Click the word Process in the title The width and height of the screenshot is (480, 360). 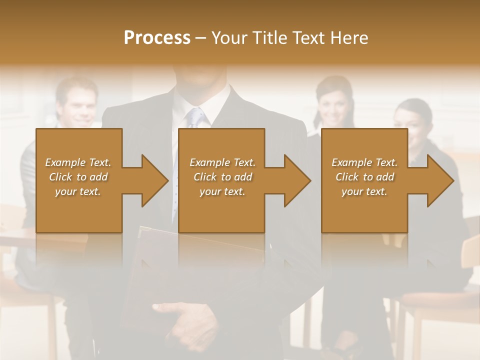coord(157,38)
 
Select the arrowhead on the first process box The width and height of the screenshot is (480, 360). coord(153,180)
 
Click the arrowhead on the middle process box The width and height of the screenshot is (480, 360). coord(296,180)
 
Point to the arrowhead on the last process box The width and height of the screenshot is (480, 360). coord(439,180)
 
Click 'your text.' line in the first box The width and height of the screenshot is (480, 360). coord(78,191)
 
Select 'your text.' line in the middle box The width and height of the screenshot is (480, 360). coord(222,191)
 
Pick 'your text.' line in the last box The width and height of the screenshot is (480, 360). coord(364,191)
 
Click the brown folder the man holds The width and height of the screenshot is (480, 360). coord(150,270)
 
